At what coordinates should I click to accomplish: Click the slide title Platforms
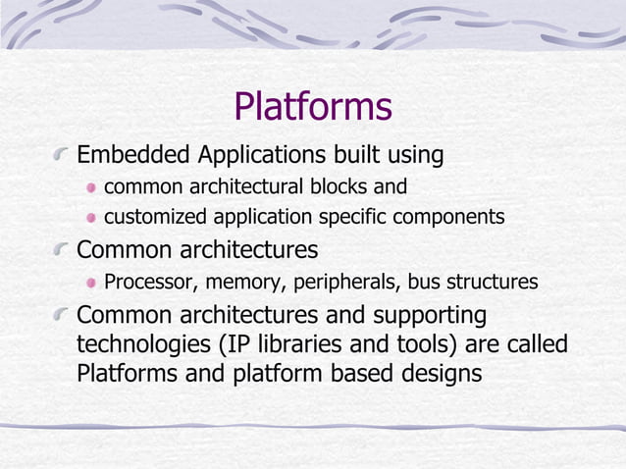pyautogui.click(x=313, y=107)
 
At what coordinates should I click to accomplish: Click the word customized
pyautogui.click(x=152, y=217)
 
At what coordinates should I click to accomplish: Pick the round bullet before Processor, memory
pyautogui.click(x=91, y=284)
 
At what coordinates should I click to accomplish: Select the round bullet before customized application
pyautogui.click(x=91, y=218)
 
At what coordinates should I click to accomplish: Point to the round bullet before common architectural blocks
pyautogui.click(x=91, y=187)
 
